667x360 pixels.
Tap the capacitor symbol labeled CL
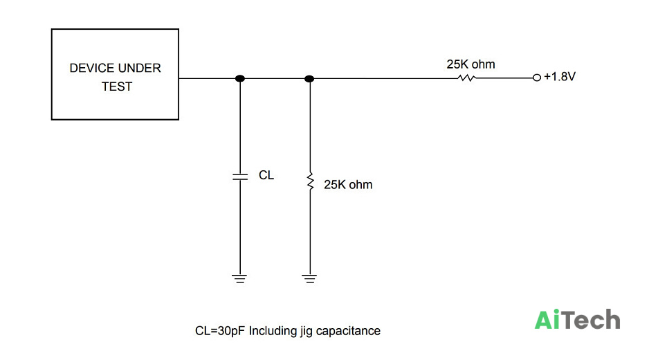click(x=240, y=177)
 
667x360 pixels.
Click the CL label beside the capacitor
click(x=266, y=175)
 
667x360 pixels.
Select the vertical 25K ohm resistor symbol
click(x=310, y=181)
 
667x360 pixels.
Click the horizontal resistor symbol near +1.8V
click(x=466, y=78)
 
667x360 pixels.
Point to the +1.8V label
click(x=559, y=77)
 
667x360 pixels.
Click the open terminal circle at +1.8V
click(x=537, y=78)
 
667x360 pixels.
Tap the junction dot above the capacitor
click(x=240, y=78)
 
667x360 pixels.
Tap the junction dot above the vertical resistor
click(x=310, y=79)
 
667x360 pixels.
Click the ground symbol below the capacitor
click(x=239, y=279)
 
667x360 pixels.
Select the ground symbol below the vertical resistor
click(x=309, y=279)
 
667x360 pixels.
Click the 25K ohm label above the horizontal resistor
click(x=470, y=64)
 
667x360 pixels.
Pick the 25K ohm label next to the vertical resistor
click(x=348, y=185)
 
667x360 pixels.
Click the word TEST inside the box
click(x=116, y=87)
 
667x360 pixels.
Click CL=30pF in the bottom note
click(x=220, y=331)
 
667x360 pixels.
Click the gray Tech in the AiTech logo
click(x=592, y=320)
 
